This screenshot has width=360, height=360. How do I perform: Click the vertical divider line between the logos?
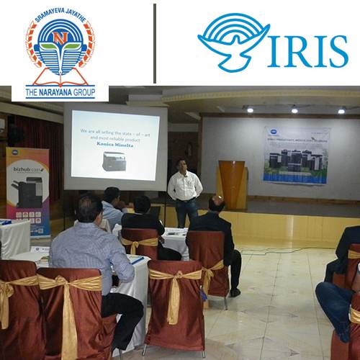point(154,43)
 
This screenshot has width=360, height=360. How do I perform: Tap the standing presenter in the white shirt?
point(184,189)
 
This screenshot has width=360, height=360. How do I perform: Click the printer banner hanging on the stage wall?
point(296,156)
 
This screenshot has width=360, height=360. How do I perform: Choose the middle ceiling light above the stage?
point(294,110)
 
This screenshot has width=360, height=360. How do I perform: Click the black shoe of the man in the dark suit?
point(234,292)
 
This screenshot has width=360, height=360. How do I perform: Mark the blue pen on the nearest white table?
point(136,260)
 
